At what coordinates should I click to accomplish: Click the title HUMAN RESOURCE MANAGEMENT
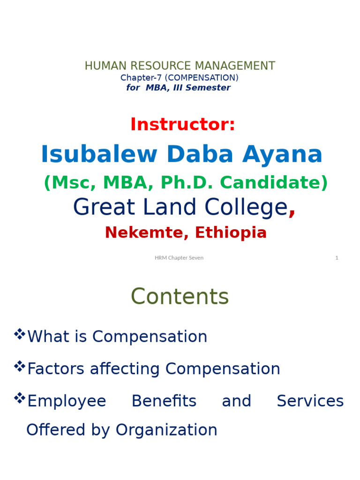point(180,66)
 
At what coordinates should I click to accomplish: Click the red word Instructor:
point(182,125)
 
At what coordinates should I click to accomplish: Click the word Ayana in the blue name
point(282,155)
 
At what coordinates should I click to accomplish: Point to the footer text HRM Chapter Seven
point(179,258)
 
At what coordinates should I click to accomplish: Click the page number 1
point(337,258)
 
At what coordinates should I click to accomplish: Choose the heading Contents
point(180,297)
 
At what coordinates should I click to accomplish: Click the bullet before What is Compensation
point(19,334)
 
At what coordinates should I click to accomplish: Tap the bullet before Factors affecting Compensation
point(19,366)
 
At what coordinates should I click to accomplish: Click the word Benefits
point(164,401)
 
